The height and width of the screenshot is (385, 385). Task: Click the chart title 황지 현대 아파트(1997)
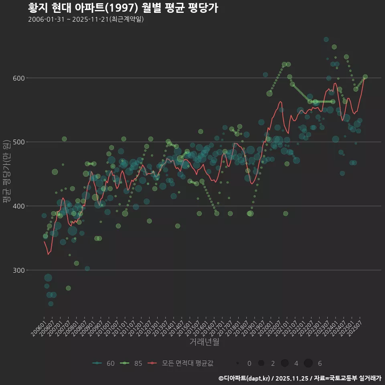click(x=123, y=8)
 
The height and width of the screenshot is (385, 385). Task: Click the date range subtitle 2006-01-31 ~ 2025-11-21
click(x=86, y=19)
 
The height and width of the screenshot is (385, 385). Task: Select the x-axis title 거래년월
click(x=204, y=342)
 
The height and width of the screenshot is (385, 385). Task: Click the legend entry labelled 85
click(x=132, y=363)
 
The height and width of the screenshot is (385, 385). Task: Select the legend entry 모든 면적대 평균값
click(x=180, y=363)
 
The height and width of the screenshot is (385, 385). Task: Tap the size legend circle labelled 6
click(x=308, y=363)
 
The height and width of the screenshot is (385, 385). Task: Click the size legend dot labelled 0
click(x=238, y=363)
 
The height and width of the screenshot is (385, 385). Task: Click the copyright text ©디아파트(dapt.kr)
click(x=245, y=378)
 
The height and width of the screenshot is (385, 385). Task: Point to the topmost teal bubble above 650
click(x=326, y=39)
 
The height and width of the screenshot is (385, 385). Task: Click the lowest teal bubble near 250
click(x=51, y=304)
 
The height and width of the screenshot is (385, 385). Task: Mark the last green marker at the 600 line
click(x=365, y=77)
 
